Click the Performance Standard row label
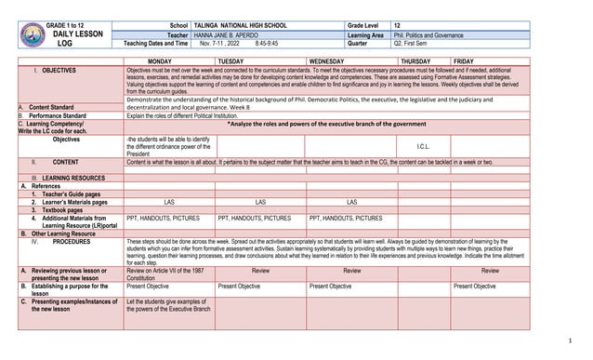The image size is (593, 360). tap(62, 115)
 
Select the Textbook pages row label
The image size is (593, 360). tap(66, 210)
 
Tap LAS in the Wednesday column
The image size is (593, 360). tap(351, 202)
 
